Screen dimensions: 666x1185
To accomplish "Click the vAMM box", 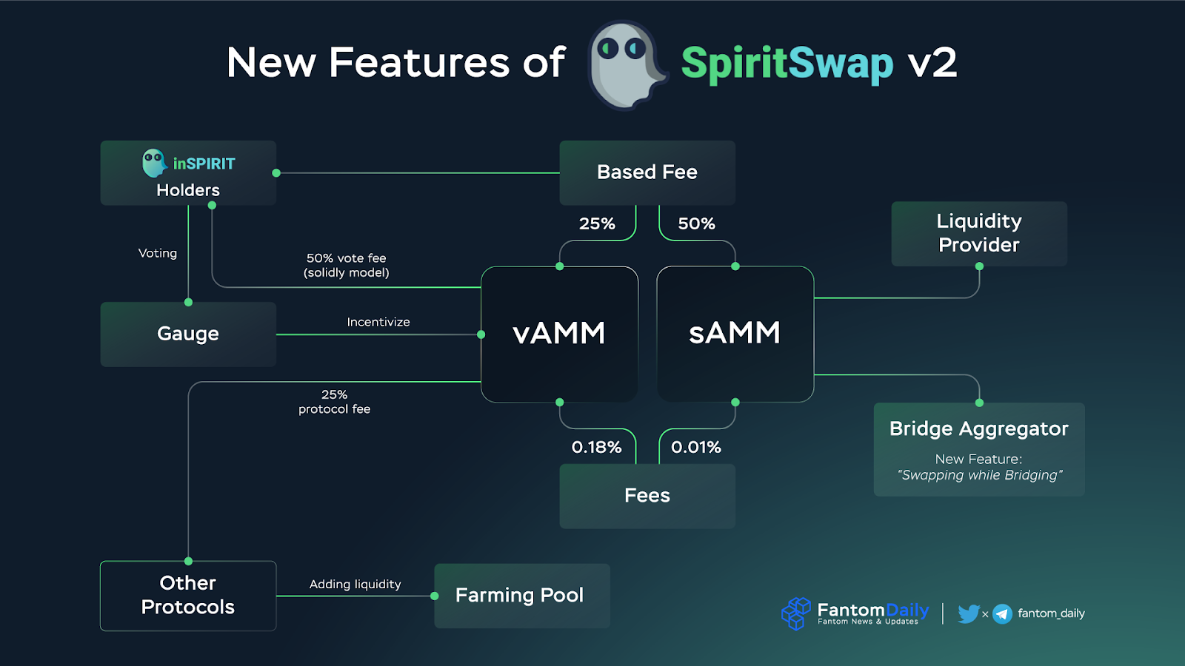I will pyautogui.click(x=559, y=334).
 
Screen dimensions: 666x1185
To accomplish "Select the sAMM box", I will pyautogui.click(x=735, y=334).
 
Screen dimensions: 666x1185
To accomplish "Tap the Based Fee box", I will pyautogui.click(x=647, y=172).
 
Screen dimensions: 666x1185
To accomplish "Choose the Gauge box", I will pyautogui.click(x=188, y=334).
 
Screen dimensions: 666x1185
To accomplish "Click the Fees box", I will pyautogui.click(x=647, y=496).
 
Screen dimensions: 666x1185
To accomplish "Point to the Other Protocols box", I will pyautogui.click(x=188, y=596).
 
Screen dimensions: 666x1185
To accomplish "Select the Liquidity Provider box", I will pyautogui.click(x=979, y=233).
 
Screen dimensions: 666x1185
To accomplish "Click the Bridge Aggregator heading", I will pyautogui.click(x=979, y=429).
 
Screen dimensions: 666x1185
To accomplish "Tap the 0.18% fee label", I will pyautogui.click(x=596, y=447).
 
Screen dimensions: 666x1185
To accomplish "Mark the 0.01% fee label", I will pyautogui.click(x=696, y=447).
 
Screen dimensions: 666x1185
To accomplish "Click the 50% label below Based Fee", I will pyautogui.click(x=696, y=223).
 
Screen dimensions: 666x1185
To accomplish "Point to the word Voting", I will pyautogui.click(x=158, y=253).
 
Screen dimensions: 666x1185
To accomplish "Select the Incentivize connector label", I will pyautogui.click(x=378, y=322).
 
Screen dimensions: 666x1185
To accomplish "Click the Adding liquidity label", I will pyautogui.click(x=355, y=585).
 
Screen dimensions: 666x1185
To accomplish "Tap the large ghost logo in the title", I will pyautogui.click(x=627, y=65).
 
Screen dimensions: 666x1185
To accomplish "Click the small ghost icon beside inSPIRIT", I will pyautogui.click(x=154, y=163).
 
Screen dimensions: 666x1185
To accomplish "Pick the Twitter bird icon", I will pyautogui.click(x=968, y=613).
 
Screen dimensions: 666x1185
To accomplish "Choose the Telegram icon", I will pyautogui.click(x=1002, y=613).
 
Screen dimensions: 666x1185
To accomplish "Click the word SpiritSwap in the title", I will pyautogui.click(x=787, y=64).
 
